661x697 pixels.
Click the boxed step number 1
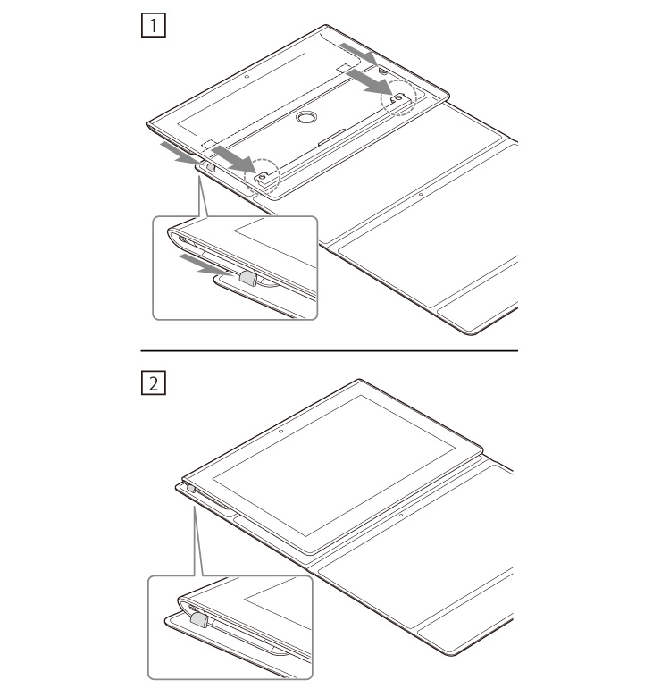click(154, 25)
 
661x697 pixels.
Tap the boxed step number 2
click(154, 382)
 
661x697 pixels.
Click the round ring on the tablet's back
click(305, 117)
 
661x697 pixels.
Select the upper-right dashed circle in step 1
click(398, 97)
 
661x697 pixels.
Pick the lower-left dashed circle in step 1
click(262, 176)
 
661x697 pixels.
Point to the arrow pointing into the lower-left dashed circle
click(234, 159)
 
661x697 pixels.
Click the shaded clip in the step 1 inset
click(248, 279)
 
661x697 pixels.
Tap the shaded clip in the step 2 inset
click(198, 620)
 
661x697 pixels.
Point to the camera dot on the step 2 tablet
click(280, 431)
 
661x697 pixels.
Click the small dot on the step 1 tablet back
click(247, 77)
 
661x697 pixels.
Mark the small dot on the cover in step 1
click(421, 194)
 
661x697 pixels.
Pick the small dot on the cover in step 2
click(401, 515)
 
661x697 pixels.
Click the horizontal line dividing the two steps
click(330, 350)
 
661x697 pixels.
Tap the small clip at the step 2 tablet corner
click(191, 489)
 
